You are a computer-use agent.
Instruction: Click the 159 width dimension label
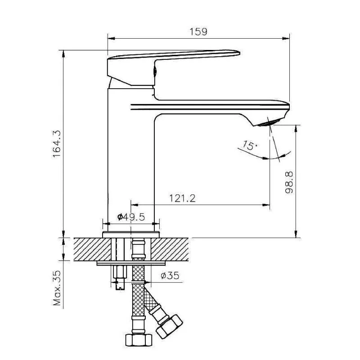tap(198, 31)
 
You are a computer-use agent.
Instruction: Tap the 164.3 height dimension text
tap(57, 144)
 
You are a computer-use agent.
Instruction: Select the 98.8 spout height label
tap(289, 183)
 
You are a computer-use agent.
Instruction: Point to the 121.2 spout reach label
tap(182, 198)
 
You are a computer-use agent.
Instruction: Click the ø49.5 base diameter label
tap(131, 216)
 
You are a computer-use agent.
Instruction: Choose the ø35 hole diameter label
tap(170, 275)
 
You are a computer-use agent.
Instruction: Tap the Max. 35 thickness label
tap(57, 288)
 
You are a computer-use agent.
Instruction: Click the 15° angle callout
tap(250, 145)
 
